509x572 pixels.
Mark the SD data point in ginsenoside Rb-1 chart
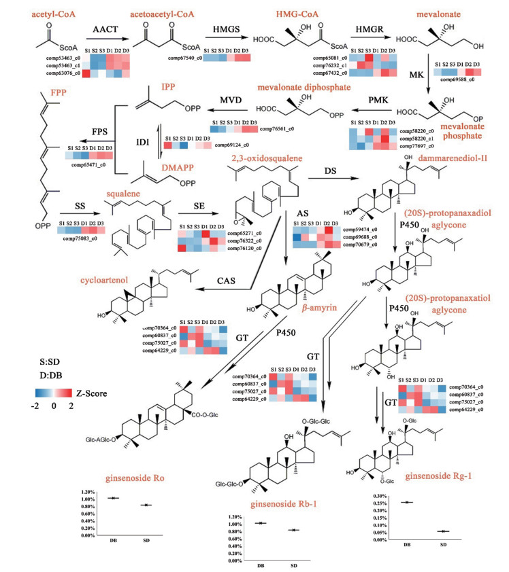(x=293, y=530)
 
